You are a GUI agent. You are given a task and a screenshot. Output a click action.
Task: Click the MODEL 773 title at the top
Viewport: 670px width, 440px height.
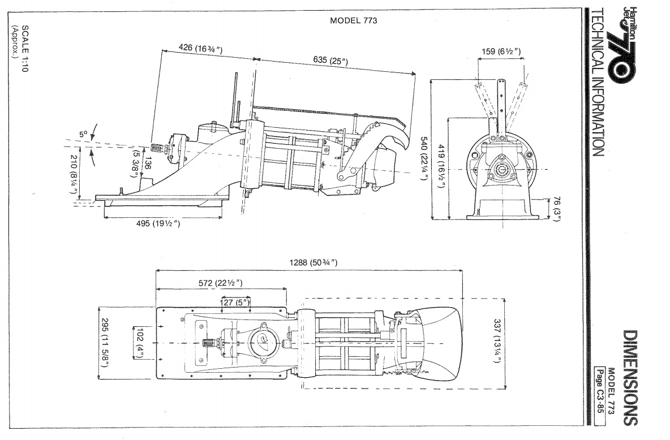(x=353, y=20)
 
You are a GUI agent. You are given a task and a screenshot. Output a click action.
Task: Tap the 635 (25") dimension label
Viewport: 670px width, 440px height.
(x=330, y=61)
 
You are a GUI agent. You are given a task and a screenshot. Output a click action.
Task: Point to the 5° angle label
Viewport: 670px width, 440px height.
(x=83, y=134)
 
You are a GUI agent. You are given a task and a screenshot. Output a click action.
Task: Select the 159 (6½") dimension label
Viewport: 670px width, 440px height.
(x=501, y=51)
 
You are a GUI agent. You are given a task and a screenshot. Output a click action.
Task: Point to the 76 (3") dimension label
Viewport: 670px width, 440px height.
(x=556, y=209)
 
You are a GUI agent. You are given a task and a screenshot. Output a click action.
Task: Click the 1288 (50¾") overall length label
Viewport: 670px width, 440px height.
(x=313, y=262)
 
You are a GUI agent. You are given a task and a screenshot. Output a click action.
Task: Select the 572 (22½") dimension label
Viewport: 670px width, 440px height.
(x=221, y=283)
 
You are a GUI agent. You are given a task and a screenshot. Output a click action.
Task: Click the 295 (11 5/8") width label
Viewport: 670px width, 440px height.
(x=105, y=342)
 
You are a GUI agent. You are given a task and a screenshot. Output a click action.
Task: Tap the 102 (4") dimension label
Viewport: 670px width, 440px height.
(x=140, y=343)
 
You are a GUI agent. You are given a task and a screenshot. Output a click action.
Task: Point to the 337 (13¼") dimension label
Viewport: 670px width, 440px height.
(x=497, y=342)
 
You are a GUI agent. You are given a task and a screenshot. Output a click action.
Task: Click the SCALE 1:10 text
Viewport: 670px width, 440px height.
(x=25, y=48)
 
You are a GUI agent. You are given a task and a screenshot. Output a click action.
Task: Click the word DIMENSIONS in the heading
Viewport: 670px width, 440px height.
(x=630, y=378)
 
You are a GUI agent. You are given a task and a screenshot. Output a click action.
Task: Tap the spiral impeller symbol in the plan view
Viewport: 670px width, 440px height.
(x=262, y=340)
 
